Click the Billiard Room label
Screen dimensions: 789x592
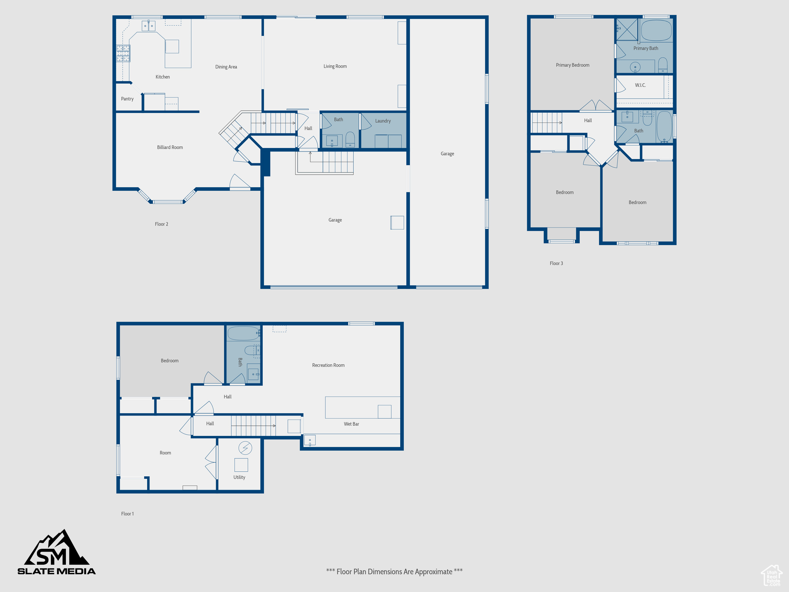click(x=170, y=147)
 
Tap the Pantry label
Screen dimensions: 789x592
click(x=127, y=99)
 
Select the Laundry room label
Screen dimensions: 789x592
click(x=383, y=121)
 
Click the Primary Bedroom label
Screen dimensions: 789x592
click(x=572, y=65)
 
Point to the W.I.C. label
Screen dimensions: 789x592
click(x=640, y=85)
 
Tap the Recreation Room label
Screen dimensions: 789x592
click(x=328, y=365)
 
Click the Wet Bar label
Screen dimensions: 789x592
click(x=351, y=424)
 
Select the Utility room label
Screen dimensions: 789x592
click(x=239, y=477)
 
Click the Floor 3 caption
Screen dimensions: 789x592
click(x=556, y=263)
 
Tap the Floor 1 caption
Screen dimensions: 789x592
click(x=128, y=514)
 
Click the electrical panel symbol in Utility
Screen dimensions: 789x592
click(x=245, y=448)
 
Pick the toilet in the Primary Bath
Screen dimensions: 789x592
click(x=663, y=65)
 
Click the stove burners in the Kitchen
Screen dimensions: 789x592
click(x=123, y=54)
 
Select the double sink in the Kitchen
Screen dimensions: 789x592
click(x=148, y=25)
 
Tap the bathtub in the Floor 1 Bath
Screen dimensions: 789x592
click(x=243, y=333)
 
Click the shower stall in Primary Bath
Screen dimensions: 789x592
click(x=627, y=29)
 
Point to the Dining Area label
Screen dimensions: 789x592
click(x=226, y=67)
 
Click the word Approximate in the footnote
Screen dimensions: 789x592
click(x=433, y=572)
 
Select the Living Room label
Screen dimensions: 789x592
click(x=335, y=66)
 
